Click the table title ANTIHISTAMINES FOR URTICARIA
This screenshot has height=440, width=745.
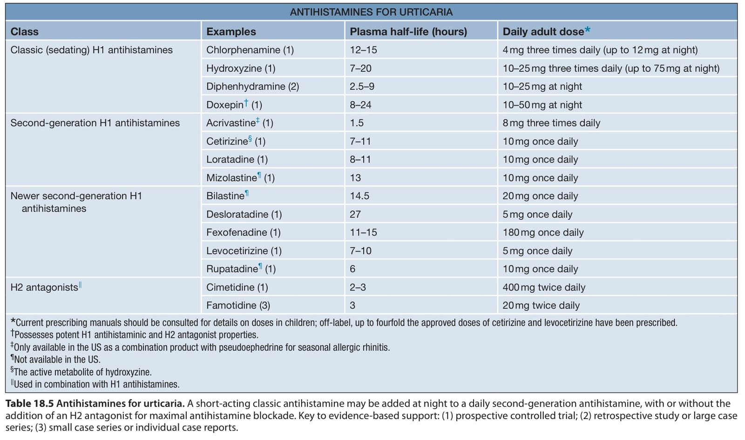coord(371,12)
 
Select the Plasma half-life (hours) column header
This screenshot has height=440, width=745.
coord(408,32)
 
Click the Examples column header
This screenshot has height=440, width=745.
coord(231,32)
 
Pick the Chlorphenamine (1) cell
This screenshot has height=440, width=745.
coord(250,50)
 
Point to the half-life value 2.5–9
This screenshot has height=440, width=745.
coord(362,87)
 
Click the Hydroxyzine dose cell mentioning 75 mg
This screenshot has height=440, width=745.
coord(611,68)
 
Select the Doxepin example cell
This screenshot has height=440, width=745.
coord(234,104)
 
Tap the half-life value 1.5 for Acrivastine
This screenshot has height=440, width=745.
coord(357,123)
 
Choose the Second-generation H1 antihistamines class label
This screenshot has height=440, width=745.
coord(95,123)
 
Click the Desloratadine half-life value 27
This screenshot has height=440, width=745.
coord(355,214)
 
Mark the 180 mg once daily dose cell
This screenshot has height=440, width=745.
coord(543,232)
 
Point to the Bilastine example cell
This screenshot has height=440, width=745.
coord(228,195)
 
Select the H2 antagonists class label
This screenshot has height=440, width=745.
coord(46,287)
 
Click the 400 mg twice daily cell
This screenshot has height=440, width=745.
coord(544,287)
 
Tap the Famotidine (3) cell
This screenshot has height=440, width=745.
coord(238,305)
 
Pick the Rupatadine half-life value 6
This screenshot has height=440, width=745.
coord(352,269)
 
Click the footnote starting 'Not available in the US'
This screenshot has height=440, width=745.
coord(55,359)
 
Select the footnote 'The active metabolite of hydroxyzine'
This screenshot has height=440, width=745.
coord(81,372)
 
